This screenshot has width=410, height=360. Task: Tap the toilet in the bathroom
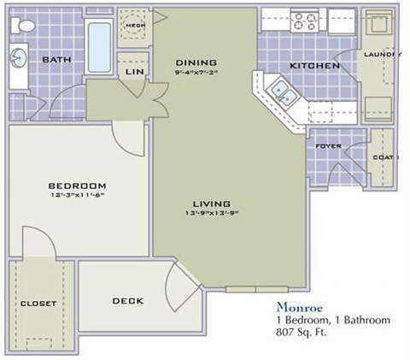point(25,27)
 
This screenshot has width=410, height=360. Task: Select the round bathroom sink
point(18,60)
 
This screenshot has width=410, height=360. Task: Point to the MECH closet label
point(134,26)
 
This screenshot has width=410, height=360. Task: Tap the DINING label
point(196,62)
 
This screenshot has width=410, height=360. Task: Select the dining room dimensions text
point(196,73)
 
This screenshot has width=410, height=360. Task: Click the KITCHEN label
point(315,66)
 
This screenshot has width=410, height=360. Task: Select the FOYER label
point(328,146)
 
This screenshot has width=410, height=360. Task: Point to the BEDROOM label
point(76,186)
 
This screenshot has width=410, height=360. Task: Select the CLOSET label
point(38,304)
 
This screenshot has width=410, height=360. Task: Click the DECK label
point(126,301)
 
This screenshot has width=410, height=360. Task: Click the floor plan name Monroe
point(297,306)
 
